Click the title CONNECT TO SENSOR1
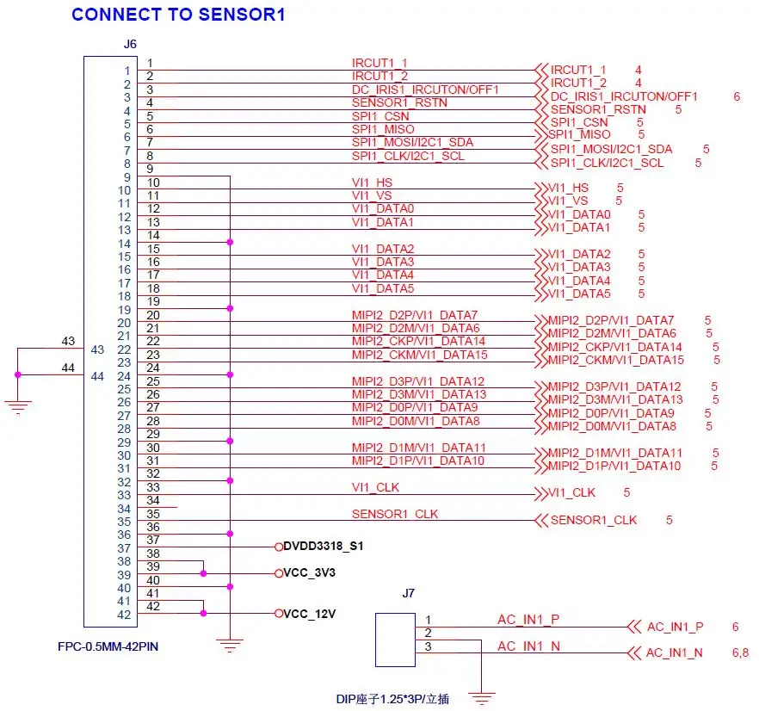pos(178,15)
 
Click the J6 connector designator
pos(130,44)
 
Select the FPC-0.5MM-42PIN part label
pos(108,646)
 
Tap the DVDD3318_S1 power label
pos(323,547)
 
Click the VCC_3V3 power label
pos(309,573)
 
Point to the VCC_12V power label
pos(309,614)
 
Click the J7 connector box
pos(395,640)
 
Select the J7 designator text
pos(408,593)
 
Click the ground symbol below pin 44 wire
pos(18,407)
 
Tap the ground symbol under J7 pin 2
pos(482,698)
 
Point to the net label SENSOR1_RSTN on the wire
pos(399,102)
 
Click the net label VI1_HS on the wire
pos(372,182)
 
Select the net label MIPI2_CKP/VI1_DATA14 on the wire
pos(419,341)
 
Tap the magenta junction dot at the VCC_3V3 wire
pos(203,573)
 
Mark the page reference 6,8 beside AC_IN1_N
pos(740,652)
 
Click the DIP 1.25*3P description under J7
pos(392,699)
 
